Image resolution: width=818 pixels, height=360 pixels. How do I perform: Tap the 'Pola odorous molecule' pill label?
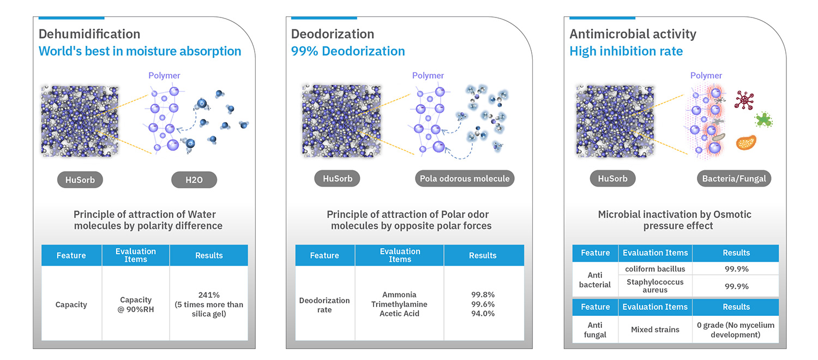click(x=465, y=178)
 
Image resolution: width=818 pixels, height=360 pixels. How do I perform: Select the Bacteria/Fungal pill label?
click(x=733, y=178)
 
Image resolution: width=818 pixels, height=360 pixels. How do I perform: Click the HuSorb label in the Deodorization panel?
click(x=338, y=178)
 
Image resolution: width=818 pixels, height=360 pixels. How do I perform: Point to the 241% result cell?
click(x=209, y=304)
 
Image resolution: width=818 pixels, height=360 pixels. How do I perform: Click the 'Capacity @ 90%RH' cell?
click(x=136, y=304)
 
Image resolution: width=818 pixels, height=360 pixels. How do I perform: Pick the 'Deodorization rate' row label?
click(x=324, y=305)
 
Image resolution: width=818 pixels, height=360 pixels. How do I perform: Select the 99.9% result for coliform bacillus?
click(x=736, y=269)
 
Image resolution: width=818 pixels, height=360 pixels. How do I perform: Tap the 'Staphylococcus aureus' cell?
click(x=655, y=286)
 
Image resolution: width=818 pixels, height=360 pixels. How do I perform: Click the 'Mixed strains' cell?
click(x=655, y=329)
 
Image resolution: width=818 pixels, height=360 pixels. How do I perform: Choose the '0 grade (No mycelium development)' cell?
click(x=736, y=329)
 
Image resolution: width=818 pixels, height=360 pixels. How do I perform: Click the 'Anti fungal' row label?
click(x=595, y=329)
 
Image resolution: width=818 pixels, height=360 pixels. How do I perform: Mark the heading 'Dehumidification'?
click(x=89, y=34)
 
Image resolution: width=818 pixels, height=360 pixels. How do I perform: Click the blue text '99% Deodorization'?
click(x=348, y=51)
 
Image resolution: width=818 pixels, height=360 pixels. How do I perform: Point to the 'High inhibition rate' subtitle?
click(x=626, y=51)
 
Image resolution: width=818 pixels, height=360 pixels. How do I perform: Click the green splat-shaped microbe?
click(x=763, y=119)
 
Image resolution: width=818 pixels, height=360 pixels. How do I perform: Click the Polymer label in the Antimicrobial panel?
click(x=706, y=76)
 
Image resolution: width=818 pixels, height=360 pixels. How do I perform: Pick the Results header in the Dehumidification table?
click(x=209, y=255)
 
